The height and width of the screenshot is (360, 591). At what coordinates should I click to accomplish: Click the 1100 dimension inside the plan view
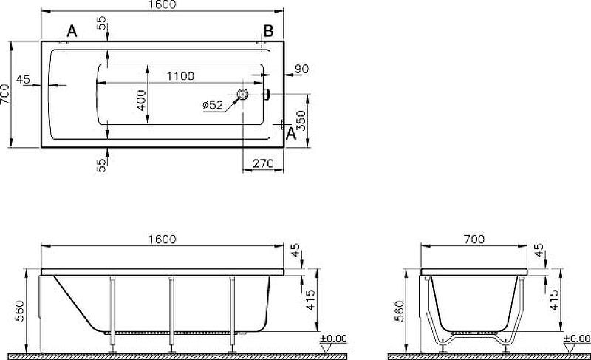pos(180,76)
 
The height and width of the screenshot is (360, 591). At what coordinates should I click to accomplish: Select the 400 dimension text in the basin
pos(142,101)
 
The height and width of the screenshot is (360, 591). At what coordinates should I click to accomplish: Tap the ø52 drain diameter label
pos(213,105)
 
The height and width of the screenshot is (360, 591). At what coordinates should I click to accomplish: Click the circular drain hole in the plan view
pos(242,94)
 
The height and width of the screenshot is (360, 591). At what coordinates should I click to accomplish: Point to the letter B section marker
pos(268,31)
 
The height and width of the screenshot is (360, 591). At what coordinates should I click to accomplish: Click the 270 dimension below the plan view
pos(263,163)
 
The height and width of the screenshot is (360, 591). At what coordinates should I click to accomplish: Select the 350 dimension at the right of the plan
pos(301,120)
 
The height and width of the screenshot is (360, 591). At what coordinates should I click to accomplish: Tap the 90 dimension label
pos(301,69)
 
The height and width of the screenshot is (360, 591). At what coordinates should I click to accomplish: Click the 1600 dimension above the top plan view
pos(162,4)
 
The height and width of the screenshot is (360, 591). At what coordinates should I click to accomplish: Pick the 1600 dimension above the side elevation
pos(162,240)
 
